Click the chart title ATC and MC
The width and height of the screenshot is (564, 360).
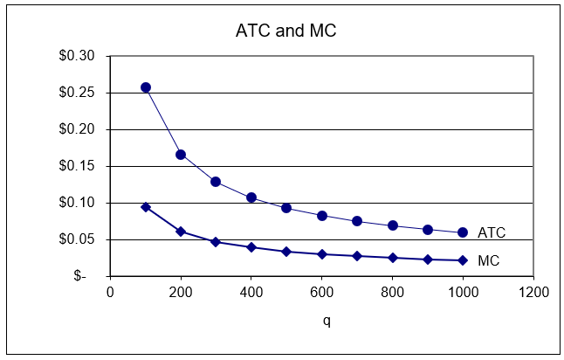(x=285, y=31)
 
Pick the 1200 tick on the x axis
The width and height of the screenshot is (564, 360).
(x=533, y=292)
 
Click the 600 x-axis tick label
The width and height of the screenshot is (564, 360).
(x=321, y=292)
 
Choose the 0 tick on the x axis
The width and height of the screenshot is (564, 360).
(x=110, y=292)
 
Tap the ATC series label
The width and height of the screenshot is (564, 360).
(x=492, y=233)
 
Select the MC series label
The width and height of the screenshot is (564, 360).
(x=489, y=260)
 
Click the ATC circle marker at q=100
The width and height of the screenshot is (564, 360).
(x=146, y=87)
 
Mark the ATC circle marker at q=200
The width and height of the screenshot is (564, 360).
(x=181, y=155)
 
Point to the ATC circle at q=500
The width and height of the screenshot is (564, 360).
(x=286, y=208)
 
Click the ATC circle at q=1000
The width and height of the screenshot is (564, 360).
(x=463, y=232)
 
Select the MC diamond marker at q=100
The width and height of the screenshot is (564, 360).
(x=146, y=207)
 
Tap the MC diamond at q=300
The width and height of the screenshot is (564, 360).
(x=216, y=241)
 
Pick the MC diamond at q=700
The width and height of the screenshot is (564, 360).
(x=357, y=256)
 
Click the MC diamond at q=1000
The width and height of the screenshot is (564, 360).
(x=463, y=260)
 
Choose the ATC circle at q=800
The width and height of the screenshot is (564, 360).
(x=392, y=225)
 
